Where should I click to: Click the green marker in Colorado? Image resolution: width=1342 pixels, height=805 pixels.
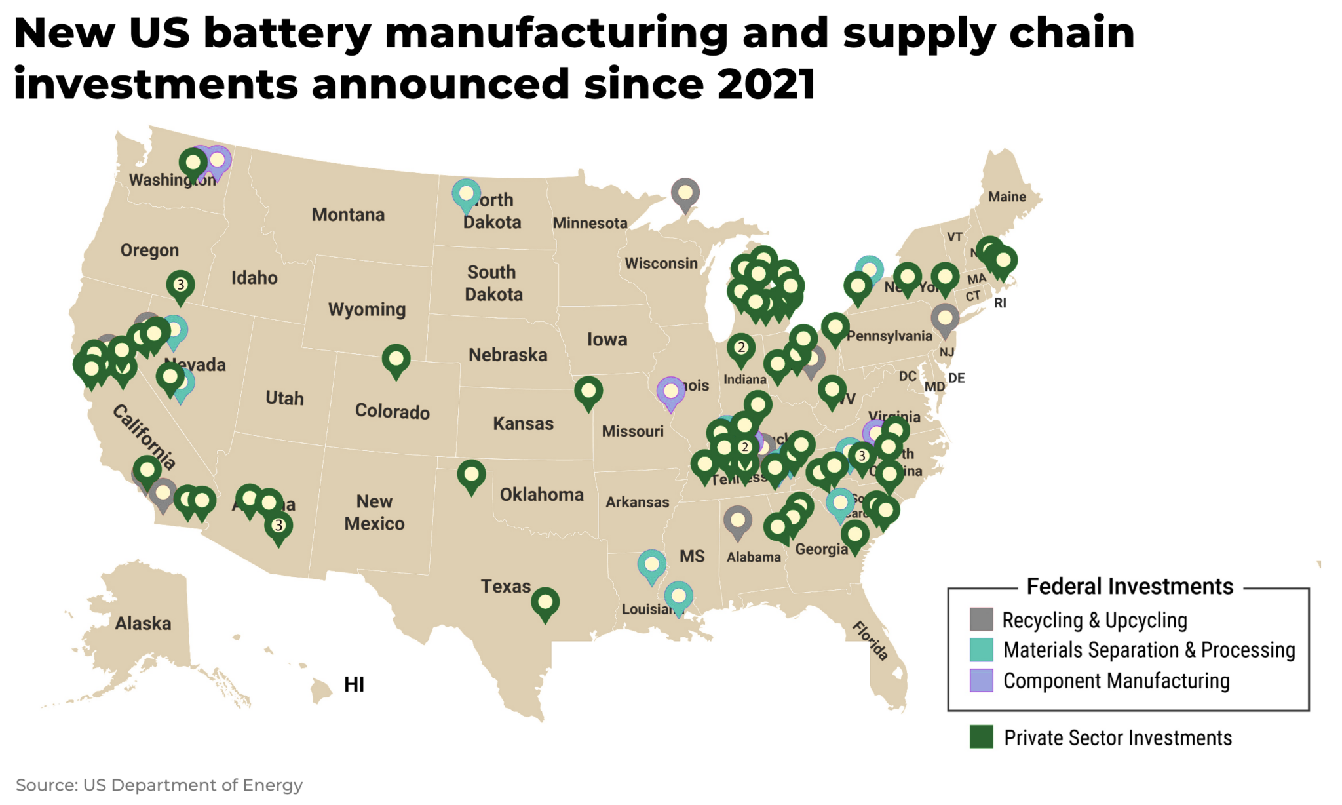click(396, 359)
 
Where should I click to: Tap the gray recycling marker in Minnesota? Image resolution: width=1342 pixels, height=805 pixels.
click(685, 193)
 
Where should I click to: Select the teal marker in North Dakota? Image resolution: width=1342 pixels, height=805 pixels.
click(466, 194)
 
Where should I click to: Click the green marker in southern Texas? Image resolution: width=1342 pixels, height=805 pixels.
click(545, 602)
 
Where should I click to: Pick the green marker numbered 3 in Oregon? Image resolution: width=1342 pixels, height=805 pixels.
click(180, 285)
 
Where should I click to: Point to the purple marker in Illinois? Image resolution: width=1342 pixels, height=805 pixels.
click(670, 392)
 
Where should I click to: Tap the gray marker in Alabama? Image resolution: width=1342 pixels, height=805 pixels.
click(738, 520)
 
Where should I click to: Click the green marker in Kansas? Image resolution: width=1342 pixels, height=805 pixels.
click(588, 391)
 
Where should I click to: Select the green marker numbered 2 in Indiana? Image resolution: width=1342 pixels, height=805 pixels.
click(740, 347)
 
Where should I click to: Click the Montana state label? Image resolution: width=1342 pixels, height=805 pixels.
click(348, 214)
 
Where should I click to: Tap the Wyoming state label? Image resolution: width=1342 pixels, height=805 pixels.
click(367, 309)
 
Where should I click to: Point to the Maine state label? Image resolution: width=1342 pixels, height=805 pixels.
click(1006, 197)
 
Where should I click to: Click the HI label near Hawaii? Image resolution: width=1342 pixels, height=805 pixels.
click(354, 684)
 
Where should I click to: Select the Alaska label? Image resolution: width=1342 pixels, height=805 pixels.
click(143, 623)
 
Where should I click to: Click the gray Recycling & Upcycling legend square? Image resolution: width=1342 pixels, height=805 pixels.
click(981, 619)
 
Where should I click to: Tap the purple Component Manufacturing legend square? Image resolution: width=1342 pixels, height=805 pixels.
click(981, 680)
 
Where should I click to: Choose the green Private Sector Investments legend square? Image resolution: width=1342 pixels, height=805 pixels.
click(981, 737)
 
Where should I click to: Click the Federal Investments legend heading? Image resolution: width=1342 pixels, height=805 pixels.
click(1129, 586)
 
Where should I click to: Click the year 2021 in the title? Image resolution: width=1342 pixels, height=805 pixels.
click(766, 84)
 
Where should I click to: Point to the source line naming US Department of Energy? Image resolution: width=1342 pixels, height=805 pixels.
click(159, 785)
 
